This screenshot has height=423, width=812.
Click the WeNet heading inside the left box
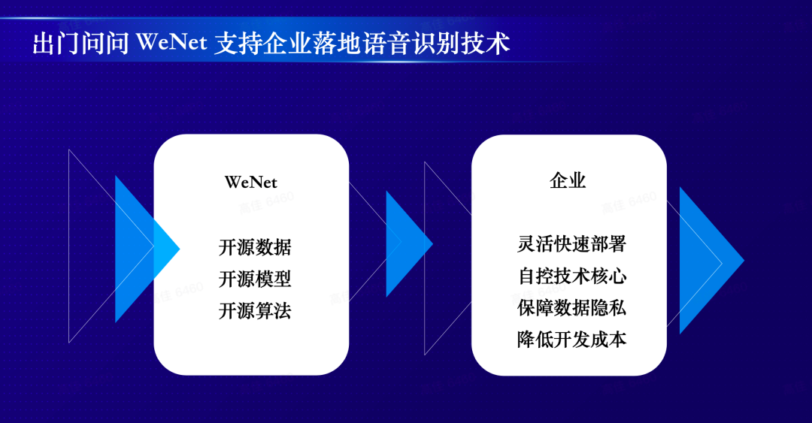click(250, 183)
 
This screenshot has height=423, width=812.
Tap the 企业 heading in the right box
click(568, 180)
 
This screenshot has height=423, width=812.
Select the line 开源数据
click(255, 247)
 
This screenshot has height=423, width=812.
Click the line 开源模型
click(255, 279)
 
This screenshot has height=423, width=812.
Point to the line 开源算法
click(255, 310)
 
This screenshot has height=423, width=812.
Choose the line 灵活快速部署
click(571, 244)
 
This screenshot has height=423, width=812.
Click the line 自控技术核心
click(571, 276)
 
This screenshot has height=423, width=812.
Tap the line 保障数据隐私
click(571, 307)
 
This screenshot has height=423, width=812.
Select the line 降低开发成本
click(571, 339)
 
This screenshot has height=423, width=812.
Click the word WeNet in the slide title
click(172, 42)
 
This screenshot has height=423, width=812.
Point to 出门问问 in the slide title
click(80, 43)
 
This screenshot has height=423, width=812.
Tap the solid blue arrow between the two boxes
click(409, 244)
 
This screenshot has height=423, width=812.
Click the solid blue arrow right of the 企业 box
click(711, 261)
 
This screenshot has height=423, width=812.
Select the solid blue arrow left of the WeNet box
click(147, 249)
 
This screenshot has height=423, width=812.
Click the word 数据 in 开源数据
click(273, 247)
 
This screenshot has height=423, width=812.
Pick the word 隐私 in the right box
click(608, 307)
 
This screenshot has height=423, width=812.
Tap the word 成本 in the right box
click(608, 339)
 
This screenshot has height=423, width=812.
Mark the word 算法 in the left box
click(273, 310)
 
